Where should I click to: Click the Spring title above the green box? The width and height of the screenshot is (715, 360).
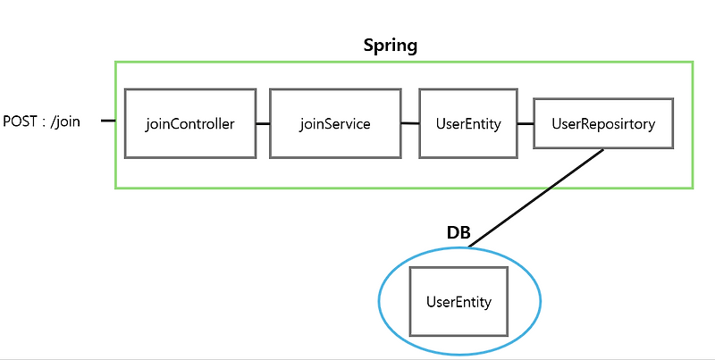pos(390,45)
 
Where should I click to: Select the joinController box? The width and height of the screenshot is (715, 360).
pos(190,123)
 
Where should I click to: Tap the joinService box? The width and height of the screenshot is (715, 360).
pos(335,123)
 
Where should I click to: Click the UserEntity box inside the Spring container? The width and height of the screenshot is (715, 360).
pos(467,123)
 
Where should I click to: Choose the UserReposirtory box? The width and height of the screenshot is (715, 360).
pos(603,123)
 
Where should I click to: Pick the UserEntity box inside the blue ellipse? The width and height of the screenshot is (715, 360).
pos(459,302)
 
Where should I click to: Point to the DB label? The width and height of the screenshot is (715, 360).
pos(458,232)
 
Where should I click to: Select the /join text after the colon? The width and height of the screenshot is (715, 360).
pos(64,121)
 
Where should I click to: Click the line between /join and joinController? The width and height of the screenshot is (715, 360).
pos(108,121)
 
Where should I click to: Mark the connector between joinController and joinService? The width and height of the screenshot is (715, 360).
pos(263,122)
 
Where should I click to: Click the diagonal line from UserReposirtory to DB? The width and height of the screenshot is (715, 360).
pos(536,197)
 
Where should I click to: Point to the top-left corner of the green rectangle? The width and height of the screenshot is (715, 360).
pos(115,62)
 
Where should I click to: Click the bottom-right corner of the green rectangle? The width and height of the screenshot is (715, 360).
pos(693,188)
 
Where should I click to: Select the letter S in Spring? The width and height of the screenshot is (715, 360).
pos(368,45)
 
